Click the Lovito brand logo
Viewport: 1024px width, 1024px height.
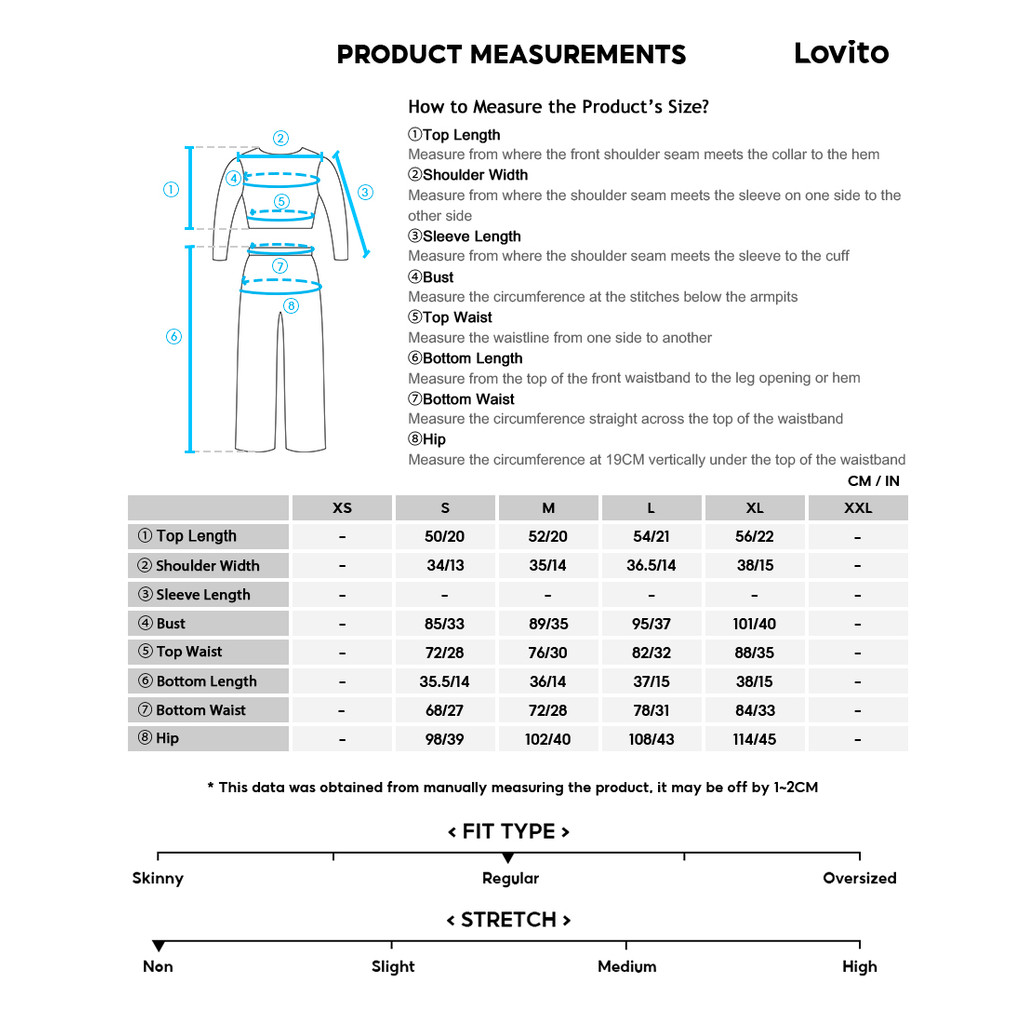(x=841, y=53)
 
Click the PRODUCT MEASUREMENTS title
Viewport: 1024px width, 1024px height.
(x=511, y=54)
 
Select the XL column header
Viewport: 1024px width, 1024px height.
(x=754, y=508)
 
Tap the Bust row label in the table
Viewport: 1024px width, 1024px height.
(x=171, y=623)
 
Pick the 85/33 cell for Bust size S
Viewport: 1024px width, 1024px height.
(x=445, y=624)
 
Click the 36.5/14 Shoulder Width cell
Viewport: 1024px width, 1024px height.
(x=651, y=566)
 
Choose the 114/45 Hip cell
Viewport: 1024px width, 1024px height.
(x=754, y=740)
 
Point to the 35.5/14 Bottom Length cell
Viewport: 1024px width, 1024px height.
(x=445, y=682)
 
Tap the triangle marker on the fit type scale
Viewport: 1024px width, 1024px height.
(x=508, y=858)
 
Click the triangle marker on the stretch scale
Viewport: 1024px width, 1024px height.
(x=158, y=946)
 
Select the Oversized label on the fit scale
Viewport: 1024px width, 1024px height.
(x=859, y=878)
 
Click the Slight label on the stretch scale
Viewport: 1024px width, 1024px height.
(x=393, y=966)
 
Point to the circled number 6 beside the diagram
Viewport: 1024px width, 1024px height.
(x=173, y=337)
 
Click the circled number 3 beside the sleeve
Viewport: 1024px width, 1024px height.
(x=365, y=192)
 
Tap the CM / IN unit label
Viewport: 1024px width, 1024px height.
(x=873, y=481)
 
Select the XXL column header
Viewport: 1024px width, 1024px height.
(x=858, y=508)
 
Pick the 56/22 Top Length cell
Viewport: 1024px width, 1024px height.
(x=754, y=537)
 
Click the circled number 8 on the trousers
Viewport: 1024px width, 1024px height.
(x=290, y=306)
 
